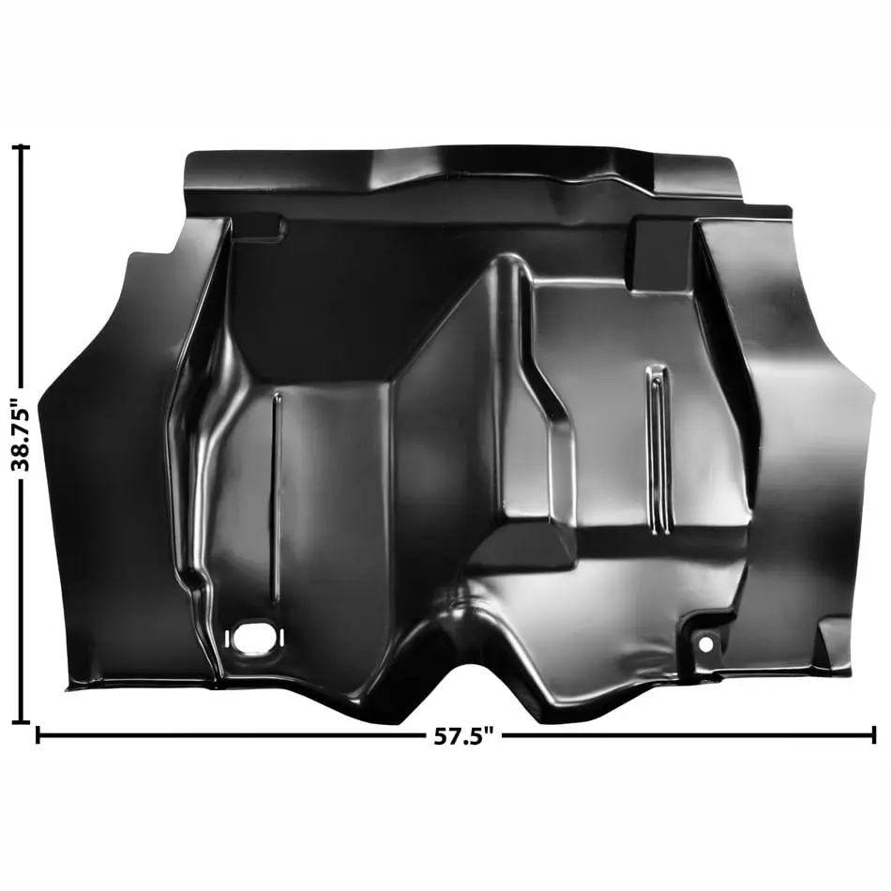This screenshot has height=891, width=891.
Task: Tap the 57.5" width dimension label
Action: pos(463,736)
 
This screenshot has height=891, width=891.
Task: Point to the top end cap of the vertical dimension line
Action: pos(21,147)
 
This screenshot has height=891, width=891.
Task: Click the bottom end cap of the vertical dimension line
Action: pos(21,722)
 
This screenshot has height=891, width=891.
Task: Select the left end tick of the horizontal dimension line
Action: pos(38,734)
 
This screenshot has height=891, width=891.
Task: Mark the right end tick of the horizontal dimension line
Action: pos(873,734)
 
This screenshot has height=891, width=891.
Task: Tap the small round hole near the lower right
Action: pos(705,644)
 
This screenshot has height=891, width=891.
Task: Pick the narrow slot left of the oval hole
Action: pos(227,638)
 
